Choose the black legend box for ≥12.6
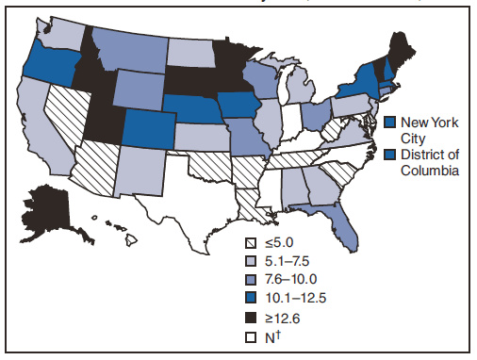coord(251,317)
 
